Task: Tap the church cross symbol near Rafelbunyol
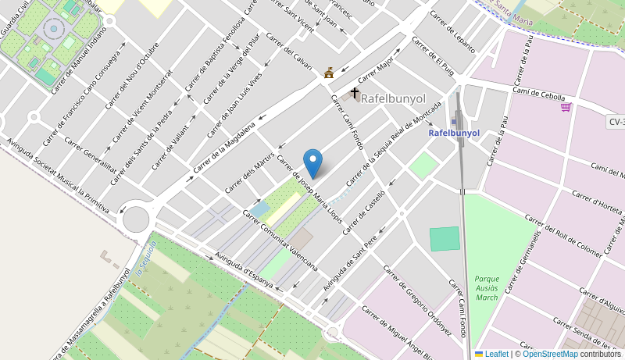(355, 94)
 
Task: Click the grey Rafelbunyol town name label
(393, 99)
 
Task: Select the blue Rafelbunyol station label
(454, 133)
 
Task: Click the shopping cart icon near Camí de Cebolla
(566, 107)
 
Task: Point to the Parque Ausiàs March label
(486, 287)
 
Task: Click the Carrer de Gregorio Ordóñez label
(417, 300)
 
